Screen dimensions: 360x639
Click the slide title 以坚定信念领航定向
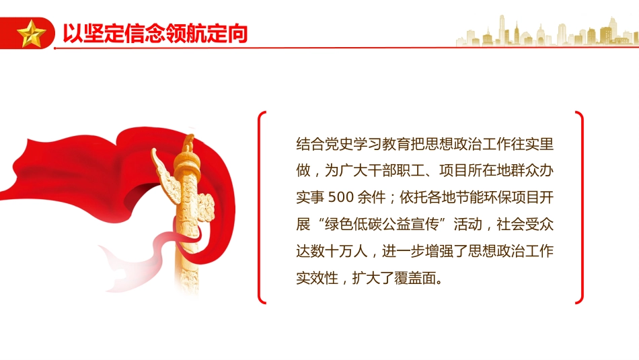(155, 33)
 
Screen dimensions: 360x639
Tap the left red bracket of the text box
(262, 207)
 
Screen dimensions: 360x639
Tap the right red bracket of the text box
(579, 207)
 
